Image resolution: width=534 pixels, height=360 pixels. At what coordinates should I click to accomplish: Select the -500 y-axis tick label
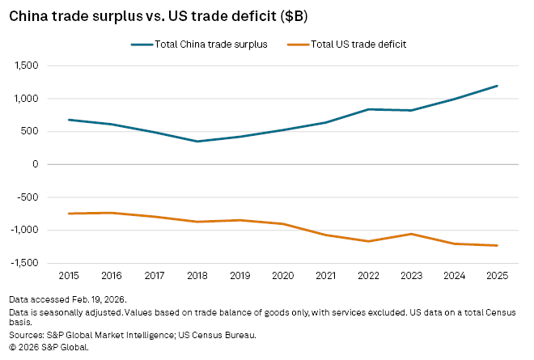tap(30, 197)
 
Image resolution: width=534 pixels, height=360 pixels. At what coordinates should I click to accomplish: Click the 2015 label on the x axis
tap(70, 276)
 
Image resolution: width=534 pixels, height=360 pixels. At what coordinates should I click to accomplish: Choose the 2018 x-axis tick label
tap(197, 276)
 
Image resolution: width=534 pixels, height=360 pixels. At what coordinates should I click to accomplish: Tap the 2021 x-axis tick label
tap(326, 276)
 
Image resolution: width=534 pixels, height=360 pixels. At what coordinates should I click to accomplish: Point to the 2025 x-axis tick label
tap(497, 276)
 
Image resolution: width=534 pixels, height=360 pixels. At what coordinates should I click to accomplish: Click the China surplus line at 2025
tap(497, 86)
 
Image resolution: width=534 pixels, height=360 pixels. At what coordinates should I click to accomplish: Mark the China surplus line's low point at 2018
tap(197, 142)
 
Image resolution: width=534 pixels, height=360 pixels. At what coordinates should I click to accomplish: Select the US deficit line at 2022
tap(369, 241)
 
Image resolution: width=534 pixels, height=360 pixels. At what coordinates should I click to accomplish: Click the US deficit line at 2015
tap(70, 214)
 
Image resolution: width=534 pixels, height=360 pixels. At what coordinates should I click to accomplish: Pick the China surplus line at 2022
tap(369, 109)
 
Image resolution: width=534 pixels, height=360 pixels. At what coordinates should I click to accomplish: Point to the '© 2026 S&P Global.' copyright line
tap(49, 346)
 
